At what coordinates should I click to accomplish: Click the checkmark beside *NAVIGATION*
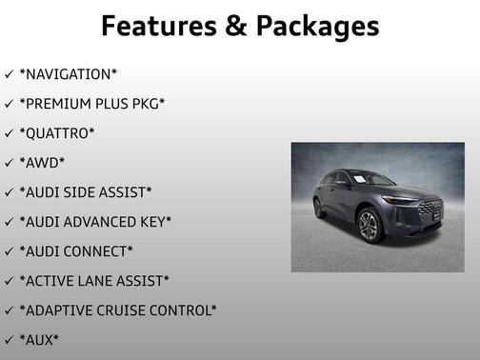[9, 73]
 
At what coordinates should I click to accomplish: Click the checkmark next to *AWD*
[9, 163]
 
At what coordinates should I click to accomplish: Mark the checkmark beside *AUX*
[9, 340]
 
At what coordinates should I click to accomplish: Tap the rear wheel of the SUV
[319, 208]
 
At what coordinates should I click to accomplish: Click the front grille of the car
[430, 211]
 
